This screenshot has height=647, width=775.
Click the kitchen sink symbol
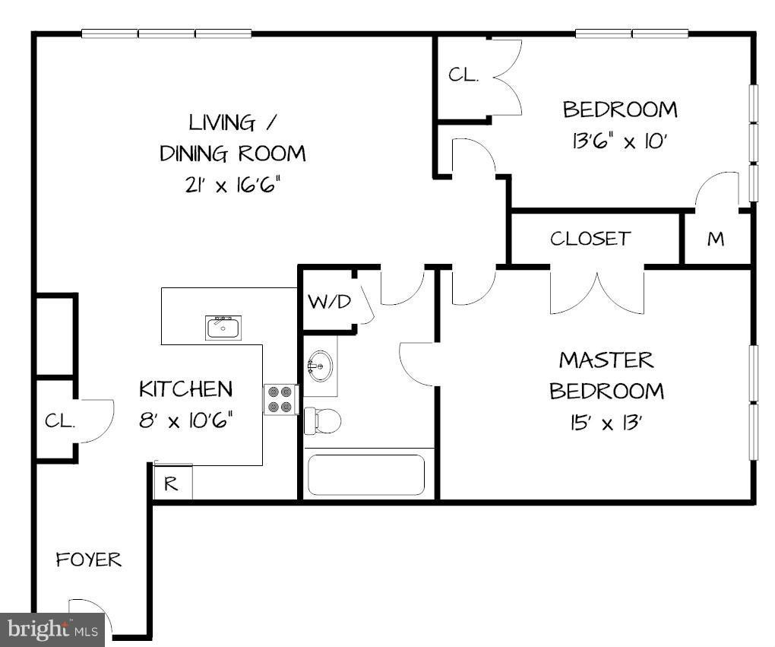223,328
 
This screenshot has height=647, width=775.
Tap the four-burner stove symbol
280,399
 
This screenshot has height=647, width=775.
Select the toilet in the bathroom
322,420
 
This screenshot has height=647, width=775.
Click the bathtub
366,474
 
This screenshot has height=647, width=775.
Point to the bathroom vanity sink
320,367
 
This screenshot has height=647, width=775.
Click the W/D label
330,302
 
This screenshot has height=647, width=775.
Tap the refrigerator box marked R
172,484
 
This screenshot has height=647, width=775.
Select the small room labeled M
716,239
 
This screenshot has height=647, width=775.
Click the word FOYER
89,560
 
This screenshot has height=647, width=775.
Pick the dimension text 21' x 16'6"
232,186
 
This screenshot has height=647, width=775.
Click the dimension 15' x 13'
606,423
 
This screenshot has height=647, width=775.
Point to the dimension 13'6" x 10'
619,141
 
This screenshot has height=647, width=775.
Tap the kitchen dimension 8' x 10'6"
185,420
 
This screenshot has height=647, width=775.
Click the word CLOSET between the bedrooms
590,239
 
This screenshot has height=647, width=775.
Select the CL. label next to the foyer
59,421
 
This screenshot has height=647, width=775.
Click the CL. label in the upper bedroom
463,75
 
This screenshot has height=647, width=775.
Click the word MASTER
606,359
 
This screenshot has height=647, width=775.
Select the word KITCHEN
185,389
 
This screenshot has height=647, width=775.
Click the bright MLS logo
52,630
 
